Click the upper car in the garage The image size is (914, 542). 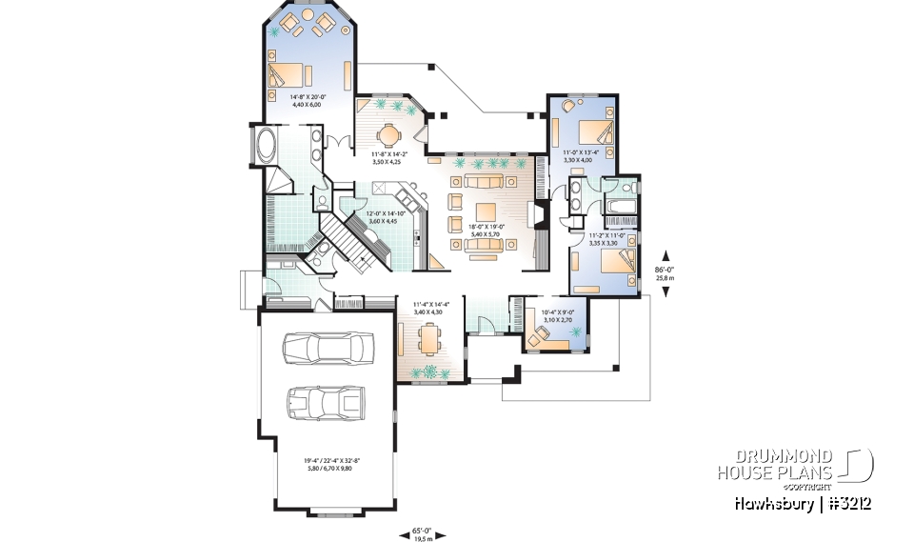[328, 349]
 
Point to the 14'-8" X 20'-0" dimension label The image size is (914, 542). [308, 100]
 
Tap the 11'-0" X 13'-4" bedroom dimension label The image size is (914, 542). [581, 156]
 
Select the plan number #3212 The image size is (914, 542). [847, 503]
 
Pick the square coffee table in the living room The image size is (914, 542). [486, 211]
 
